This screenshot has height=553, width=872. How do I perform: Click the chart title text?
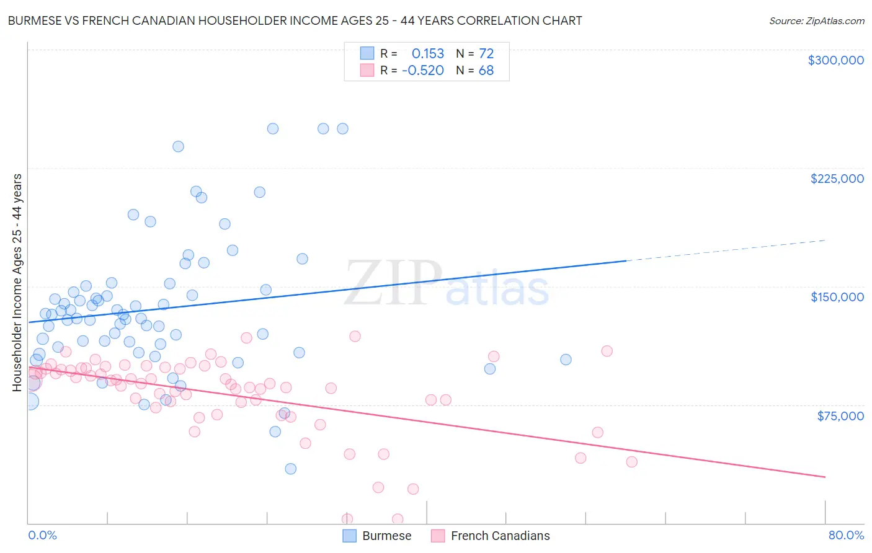pyautogui.click(x=295, y=20)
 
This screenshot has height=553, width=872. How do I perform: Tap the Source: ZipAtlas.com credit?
pyautogui.click(x=816, y=20)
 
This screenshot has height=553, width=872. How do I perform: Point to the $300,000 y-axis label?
pyautogui.click(x=835, y=60)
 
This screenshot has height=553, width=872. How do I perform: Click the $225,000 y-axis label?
pyautogui.click(x=837, y=179)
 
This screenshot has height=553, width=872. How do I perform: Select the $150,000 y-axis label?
pyautogui.click(x=837, y=297)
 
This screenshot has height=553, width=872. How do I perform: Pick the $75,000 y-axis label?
pyautogui.click(x=840, y=416)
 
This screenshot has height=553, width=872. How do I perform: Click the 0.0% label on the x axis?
pyautogui.click(x=42, y=535)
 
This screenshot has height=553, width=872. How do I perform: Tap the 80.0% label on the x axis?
pyautogui.click(x=846, y=535)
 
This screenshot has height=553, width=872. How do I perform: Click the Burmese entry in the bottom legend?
pyautogui.click(x=377, y=536)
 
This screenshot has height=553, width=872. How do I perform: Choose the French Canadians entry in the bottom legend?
pyautogui.click(x=491, y=536)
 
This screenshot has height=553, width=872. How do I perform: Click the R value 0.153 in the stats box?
pyautogui.click(x=428, y=54)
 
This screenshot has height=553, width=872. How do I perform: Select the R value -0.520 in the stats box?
pyautogui.click(x=423, y=71)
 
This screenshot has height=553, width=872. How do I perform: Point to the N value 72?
pyautogui.click(x=486, y=54)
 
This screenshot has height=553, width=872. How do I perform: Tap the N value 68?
pyautogui.click(x=486, y=71)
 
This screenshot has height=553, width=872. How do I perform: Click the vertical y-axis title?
pyautogui.click(x=17, y=283)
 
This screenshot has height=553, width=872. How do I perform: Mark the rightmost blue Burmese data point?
pyautogui.click(x=566, y=360)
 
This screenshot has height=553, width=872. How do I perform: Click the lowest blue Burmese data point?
pyautogui.click(x=290, y=469)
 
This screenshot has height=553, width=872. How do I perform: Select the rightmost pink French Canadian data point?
pyautogui.click(x=631, y=462)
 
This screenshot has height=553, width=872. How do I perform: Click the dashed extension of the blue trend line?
pyautogui.click(x=726, y=250)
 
